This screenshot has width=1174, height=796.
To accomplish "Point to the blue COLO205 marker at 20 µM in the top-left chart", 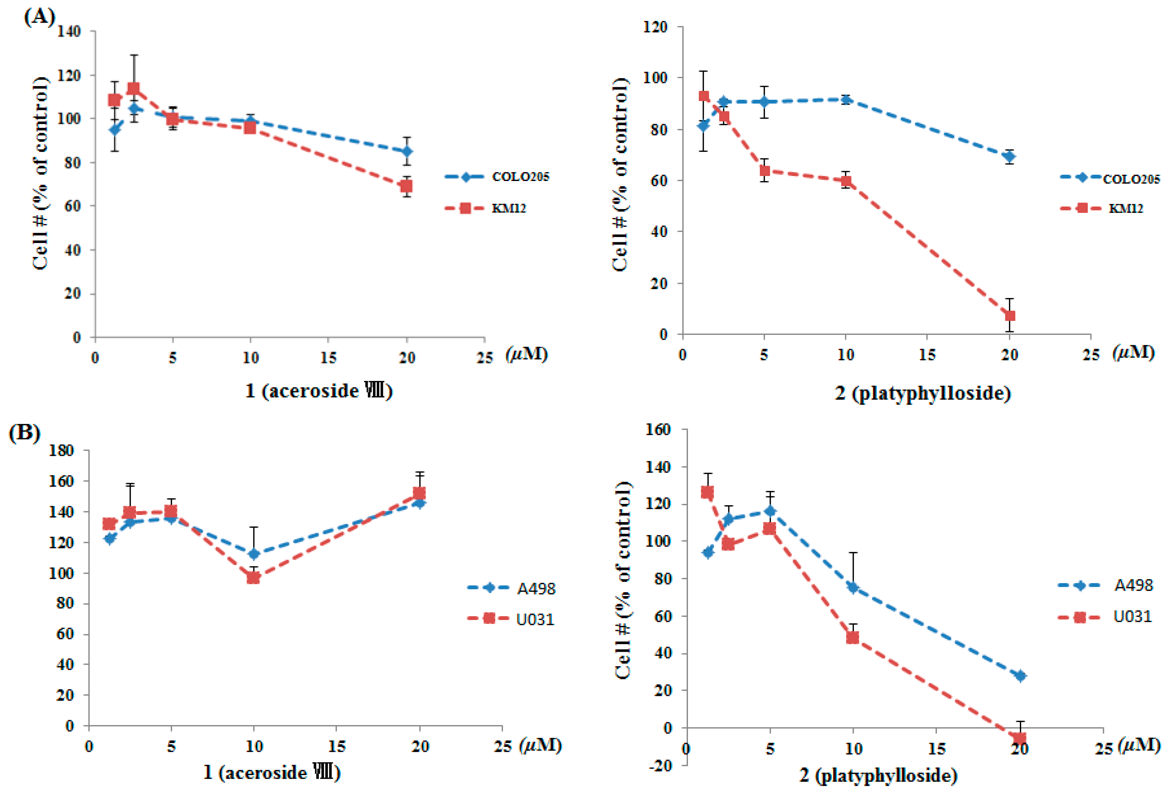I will (x=407, y=152).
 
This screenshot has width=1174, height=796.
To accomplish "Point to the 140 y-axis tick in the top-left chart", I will (x=69, y=31).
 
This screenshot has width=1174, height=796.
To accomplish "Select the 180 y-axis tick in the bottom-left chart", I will (x=61, y=450).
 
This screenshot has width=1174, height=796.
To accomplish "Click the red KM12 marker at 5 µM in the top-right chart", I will (x=765, y=171).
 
